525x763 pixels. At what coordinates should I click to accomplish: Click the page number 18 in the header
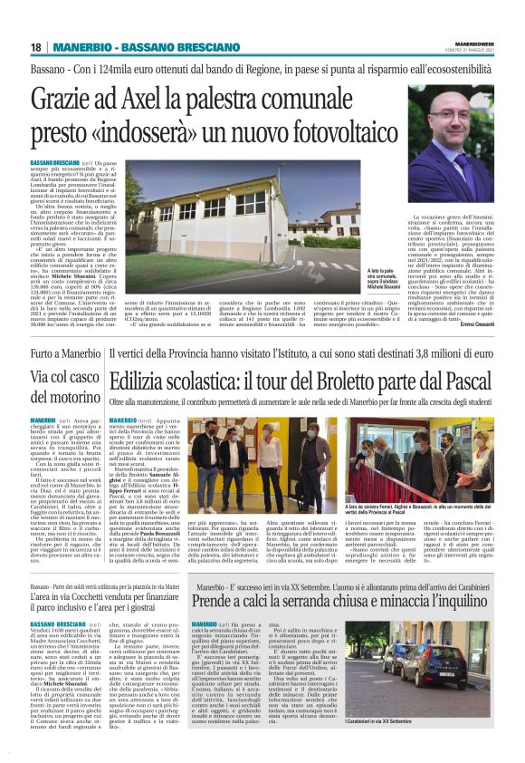pos(36,47)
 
